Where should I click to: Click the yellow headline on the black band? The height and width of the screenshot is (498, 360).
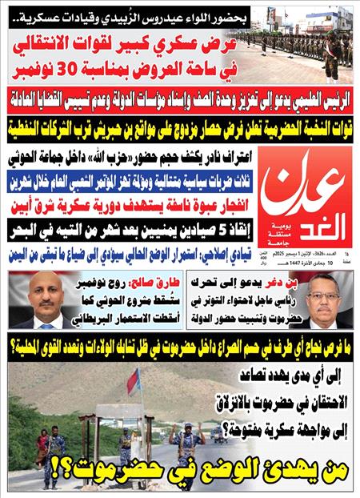click(x=180, y=124)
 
